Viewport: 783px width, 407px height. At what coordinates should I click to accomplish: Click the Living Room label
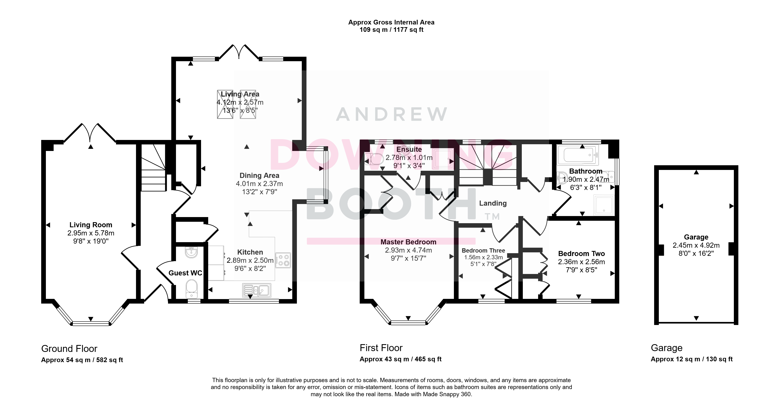coord(91,225)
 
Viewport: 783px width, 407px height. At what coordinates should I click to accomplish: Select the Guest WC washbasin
coord(191,252)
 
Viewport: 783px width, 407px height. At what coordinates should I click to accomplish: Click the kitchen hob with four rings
coord(283,260)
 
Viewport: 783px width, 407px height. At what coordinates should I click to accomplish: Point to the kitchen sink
coord(257,290)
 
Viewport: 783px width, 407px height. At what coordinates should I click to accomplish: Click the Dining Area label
coord(259,175)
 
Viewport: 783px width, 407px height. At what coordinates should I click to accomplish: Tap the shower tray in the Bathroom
coord(604,204)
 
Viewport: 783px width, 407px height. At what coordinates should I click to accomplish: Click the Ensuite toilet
coord(374,159)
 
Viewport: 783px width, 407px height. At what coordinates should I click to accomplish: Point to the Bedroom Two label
coord(582,254)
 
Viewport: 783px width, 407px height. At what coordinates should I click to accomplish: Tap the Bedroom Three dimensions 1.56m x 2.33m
coord(483,257)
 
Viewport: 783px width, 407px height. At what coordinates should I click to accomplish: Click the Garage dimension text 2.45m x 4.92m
coord(696,245)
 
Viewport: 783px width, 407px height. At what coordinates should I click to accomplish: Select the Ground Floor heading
coord(69,349)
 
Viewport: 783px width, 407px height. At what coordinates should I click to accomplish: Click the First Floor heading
coord(381,348)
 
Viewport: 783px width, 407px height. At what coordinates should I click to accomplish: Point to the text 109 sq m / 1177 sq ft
coord(391,30)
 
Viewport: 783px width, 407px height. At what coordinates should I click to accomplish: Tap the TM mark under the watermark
coord(492,217)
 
